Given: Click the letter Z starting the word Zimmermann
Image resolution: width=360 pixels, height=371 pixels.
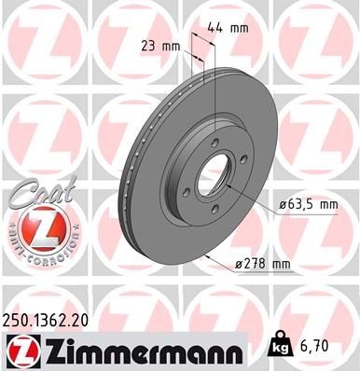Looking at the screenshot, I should pos(50,349).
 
